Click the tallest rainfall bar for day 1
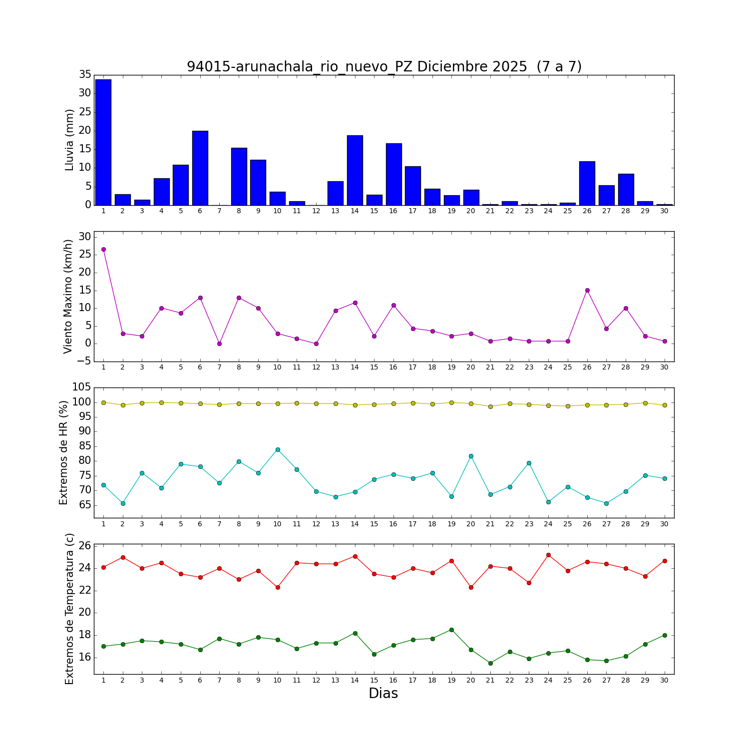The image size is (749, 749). [103, 142]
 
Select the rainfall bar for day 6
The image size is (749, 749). [200, 168]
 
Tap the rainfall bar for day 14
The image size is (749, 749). [355, 170]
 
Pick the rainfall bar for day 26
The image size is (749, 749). [587, 183]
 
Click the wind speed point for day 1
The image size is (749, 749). [103, 249]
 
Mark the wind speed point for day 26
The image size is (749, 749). [587, 290]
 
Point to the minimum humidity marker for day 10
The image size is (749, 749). [278, 449]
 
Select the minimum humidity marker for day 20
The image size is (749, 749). [471, 456]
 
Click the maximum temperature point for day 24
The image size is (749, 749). [548, 555]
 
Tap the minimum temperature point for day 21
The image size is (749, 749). [490, 663]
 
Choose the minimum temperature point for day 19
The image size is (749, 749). [451, 630]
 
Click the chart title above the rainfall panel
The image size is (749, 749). [384, 66]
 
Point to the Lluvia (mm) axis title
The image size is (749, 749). [69, 140]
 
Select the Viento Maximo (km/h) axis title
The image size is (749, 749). [68, 296]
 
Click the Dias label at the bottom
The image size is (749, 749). [383, 693]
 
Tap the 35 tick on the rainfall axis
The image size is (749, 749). [85, 75]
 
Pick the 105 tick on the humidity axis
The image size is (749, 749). [81, 387]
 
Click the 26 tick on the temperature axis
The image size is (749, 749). [85, 546]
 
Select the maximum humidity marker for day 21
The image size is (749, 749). [490, 406]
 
